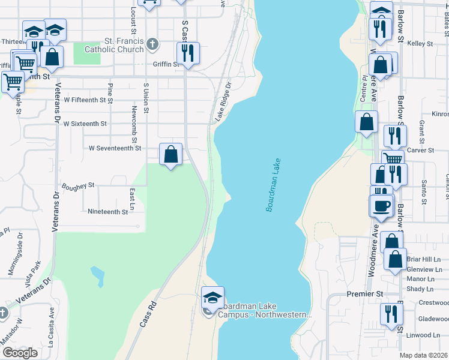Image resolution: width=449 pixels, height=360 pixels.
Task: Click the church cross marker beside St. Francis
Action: tap(152, 44)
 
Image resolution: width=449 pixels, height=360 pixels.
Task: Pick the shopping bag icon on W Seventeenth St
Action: tap(171, 154)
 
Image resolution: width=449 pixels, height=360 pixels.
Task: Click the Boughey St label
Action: tap(78, 186)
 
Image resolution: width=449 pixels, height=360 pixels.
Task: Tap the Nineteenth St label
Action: tap(107, 212)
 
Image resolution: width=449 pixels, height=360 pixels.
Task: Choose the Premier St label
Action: tap(364, 294)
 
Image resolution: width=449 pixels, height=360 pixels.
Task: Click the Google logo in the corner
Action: tap(20, 353)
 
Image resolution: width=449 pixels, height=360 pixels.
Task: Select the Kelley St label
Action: tap(420, 44)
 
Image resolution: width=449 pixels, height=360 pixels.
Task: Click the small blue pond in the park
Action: tap(97, 276)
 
